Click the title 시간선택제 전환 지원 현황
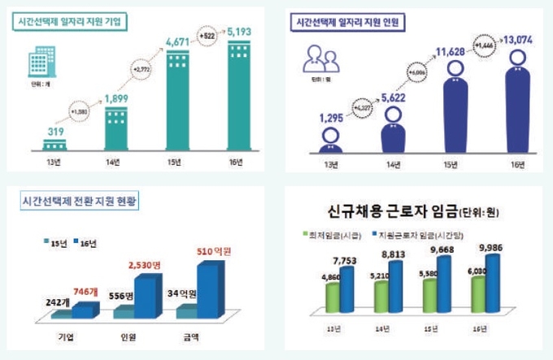coord(81,199)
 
